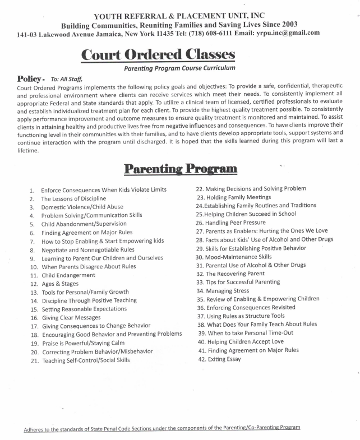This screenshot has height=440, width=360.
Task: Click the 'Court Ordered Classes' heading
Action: (x=158, y=55)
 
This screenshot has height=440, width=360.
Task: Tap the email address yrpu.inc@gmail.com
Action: (x=287, y=33)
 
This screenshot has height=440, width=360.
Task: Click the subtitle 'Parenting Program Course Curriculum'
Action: (x=179, y=68)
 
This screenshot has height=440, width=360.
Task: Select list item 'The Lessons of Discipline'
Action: (x=73, y=199)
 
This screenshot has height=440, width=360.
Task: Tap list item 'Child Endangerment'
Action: (x=68, y=275)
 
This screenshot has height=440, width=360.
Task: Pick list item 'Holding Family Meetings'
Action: (x=234, y=197)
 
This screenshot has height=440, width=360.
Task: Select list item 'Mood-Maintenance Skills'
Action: (x=234, y=257)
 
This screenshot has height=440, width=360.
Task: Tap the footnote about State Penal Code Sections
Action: (x=161, y=427)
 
